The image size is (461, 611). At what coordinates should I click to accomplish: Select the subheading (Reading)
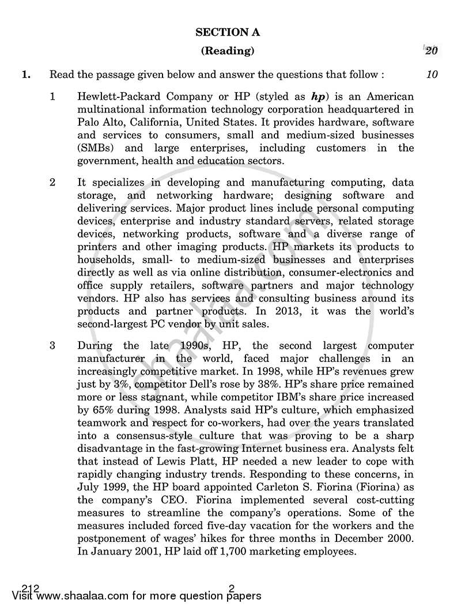[x=228, y=51]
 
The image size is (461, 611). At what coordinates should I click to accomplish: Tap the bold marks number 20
[x=431, y=51]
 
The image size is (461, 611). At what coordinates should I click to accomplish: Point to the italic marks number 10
[x=432, y=74]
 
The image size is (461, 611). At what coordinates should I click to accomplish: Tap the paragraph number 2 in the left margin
[x=52, y=182]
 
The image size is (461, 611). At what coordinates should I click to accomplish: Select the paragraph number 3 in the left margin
[x=52, y=346]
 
